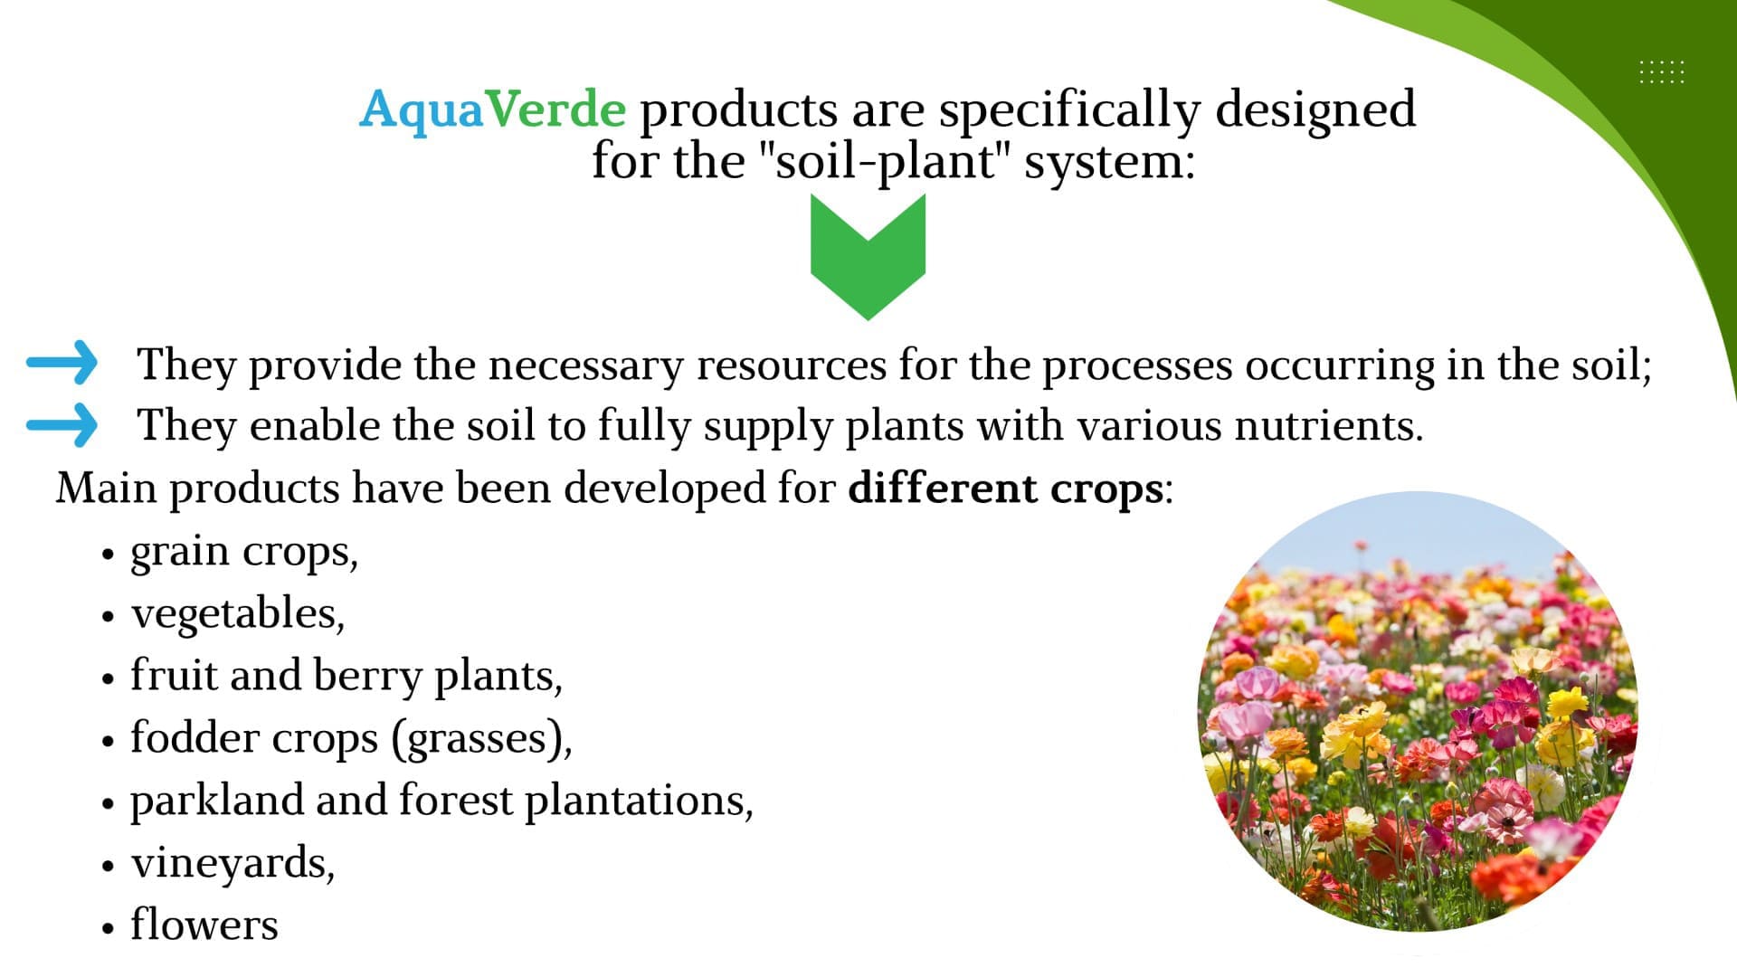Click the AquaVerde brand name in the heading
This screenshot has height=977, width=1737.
[x=492, y=110]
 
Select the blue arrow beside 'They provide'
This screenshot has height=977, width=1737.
[x=62, y=363]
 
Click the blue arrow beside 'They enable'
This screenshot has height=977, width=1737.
[x=62, y=424]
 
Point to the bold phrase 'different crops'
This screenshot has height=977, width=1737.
[x=1005, y=488]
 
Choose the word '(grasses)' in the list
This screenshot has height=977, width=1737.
[x=481, y=738]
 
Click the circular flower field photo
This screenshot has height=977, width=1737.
[x=1418, y=712]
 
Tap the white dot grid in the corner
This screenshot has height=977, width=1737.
[x=1662, y=71]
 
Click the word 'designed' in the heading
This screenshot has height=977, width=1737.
[x=1315, y=110]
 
